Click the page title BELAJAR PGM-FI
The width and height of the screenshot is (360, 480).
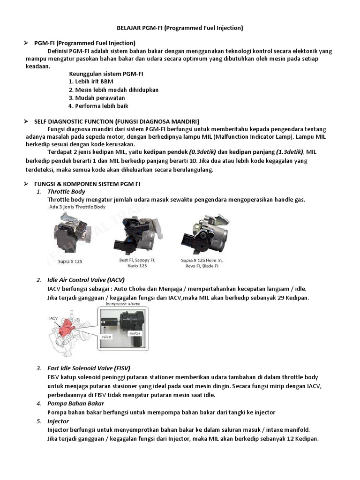click(x=180, y=28)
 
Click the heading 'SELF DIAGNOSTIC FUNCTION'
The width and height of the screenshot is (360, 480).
click(x=117, y=121)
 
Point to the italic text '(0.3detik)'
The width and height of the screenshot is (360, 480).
click(x=202, y=152)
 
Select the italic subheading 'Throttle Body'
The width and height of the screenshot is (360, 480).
click(x=66, y=192)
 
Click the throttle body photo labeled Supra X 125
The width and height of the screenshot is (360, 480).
click(x=70, y=232)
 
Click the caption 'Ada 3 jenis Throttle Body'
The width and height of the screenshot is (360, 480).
click(x=76, y=207)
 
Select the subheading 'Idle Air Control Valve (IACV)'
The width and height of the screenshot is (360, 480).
click(x=86, y=280)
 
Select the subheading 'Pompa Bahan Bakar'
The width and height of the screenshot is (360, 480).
click(x=76, y=404)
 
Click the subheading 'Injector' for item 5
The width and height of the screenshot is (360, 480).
click(x=58, y=421)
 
